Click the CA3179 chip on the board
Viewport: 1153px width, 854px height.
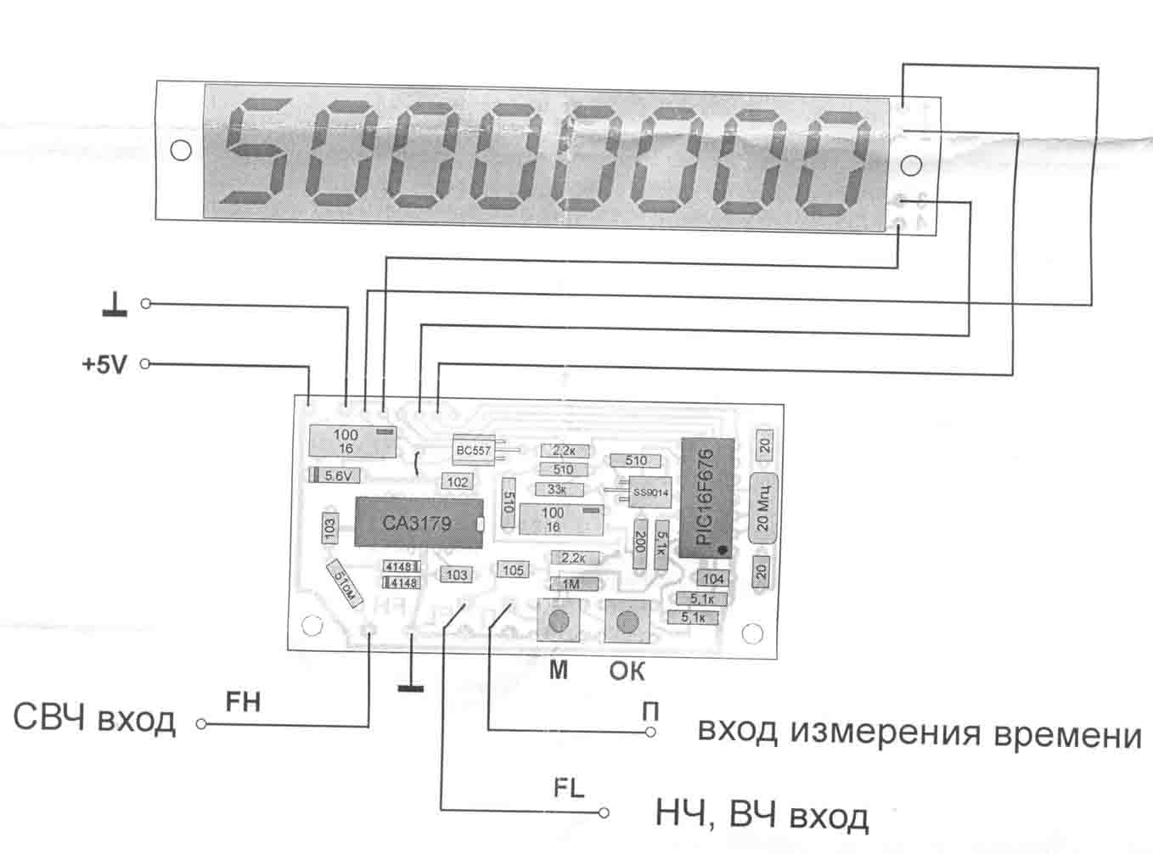click(x=416, y=522)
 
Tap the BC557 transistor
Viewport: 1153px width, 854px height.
click(x=474, y=451)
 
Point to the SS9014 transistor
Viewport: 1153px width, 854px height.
click(x=650, y=492)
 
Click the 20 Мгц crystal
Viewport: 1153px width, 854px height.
click(x=763, y=504)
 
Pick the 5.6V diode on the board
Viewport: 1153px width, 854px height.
click(x=332, y=475)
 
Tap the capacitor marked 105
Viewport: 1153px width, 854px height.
click(x=513, y=570)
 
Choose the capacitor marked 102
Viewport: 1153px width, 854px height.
click(x=457, y=481)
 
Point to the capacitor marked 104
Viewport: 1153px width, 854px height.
click(x=712, y=578)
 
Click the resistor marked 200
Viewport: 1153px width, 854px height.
click(x=641, y=542)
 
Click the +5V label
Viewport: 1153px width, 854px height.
click(x=104, y=365)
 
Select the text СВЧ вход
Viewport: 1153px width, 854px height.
click(x=94, y=720)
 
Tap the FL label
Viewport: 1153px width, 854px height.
click(x=569, y=788)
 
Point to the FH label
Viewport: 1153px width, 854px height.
click(x=242, y=702)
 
